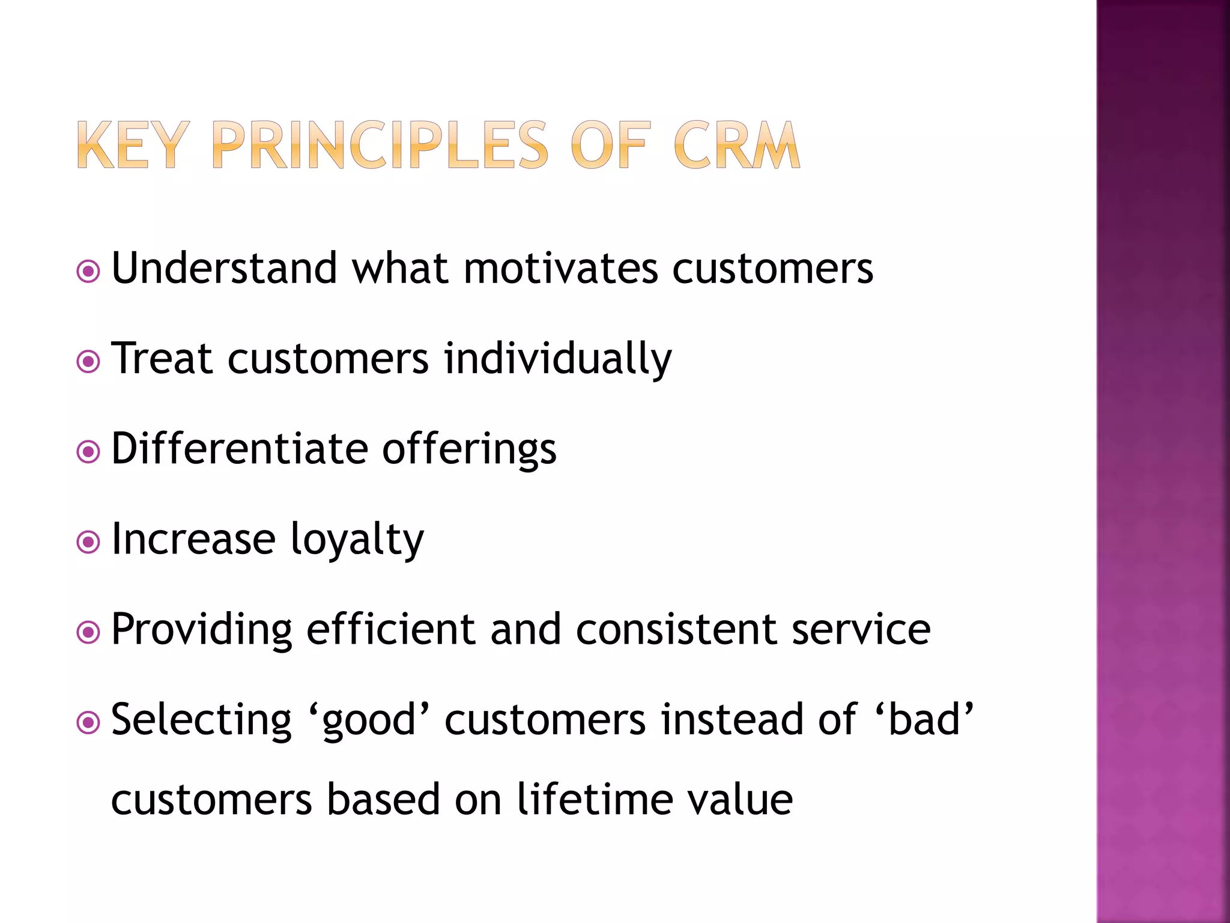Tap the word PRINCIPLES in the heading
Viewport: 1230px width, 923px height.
pyautogui.click(x=380, y=145)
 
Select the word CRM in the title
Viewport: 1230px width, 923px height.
pyautogui.click(x=736, y=145)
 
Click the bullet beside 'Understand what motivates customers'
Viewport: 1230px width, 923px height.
pyautogui.click(x=88, y=272)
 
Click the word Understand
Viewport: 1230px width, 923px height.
pyautogui.click(x=224, y=268)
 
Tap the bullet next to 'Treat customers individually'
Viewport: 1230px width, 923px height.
pyautogui.click(x=88, y=362)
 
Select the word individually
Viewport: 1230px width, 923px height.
pyautogui.click(x=557, y=359)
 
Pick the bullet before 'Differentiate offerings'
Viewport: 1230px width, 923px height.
pyautogui.click(x=88, y=452)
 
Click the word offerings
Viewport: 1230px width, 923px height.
pyautogui.click(x=469, y=449)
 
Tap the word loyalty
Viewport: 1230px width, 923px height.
pyautogui.click(x=357, y=540)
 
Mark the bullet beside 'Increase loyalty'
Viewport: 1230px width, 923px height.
pyautogui.click(x=88, y=543)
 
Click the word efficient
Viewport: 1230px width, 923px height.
pyautogui.click(x=391, y=629)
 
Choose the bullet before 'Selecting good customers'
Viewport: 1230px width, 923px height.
pyautogui.click(x=88, y=723)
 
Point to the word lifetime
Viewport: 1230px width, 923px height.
pyautogui.click(x=595, y=800)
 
